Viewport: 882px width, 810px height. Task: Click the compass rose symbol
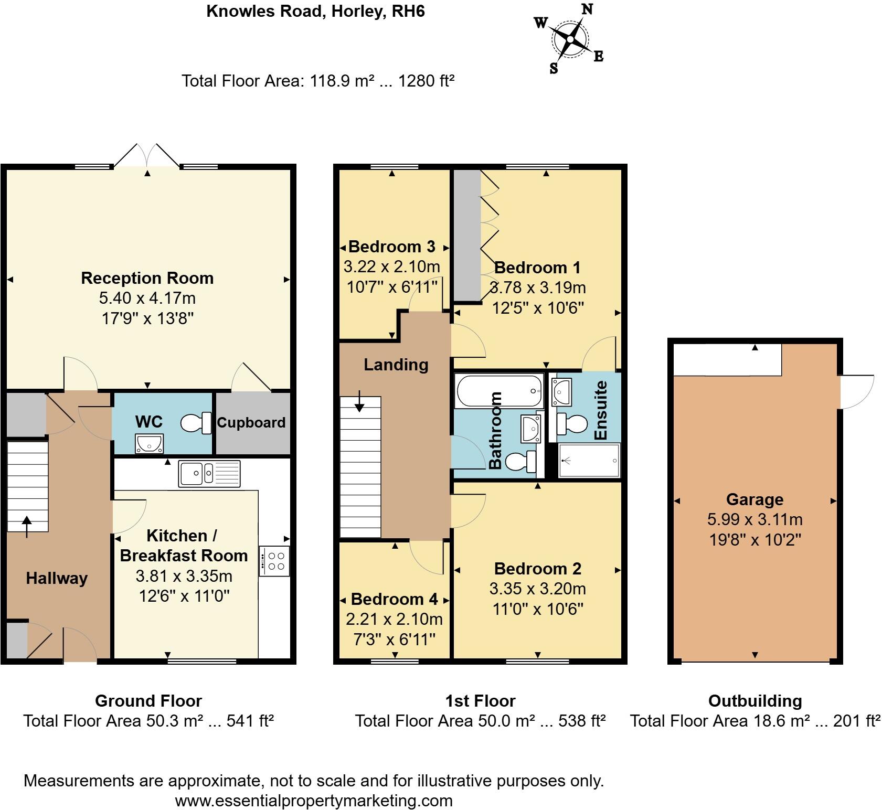[570, 38]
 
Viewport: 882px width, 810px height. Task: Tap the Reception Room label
[147, 278]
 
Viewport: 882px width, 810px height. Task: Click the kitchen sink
[209, 474]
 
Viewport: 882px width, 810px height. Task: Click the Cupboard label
[251, 423]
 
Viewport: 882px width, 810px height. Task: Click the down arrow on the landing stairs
[359, 401]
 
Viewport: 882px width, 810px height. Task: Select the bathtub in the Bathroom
[499, 391]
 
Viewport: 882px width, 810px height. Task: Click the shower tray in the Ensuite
[589, 460]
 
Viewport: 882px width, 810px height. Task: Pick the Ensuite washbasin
[561, 391]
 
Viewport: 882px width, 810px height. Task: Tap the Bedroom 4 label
[394, 599]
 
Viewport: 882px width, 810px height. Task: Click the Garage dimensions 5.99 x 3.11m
[755, 519]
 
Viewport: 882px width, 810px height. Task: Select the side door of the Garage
[857, 391]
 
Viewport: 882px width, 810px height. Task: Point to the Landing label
[396, 365]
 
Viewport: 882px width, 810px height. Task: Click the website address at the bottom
[313, 801]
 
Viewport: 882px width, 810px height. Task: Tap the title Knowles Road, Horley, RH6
[315, 11]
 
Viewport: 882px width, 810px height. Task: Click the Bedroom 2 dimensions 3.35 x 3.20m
[537, 589]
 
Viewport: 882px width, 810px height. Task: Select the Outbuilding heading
[755, 701]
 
